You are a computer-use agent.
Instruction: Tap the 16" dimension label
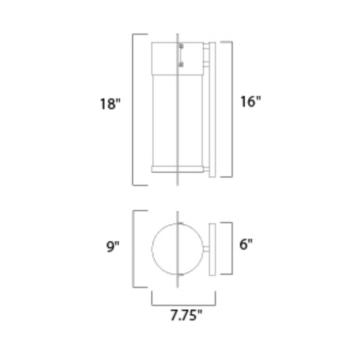pyautogui.click(x=250, y=102)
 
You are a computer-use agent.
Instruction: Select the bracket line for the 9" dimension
pyautogui.click(x=134, y=249)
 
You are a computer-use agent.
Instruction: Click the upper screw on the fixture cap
pyautogui.click(x=181, y=47)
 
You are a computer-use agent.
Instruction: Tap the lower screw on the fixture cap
pyautogui.click(x=181, y=64)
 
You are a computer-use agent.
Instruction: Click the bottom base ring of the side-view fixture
pyautogui.click(x=177, y=169)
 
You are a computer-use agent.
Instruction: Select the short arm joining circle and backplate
pyautogui.click(x=205, y=249)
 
